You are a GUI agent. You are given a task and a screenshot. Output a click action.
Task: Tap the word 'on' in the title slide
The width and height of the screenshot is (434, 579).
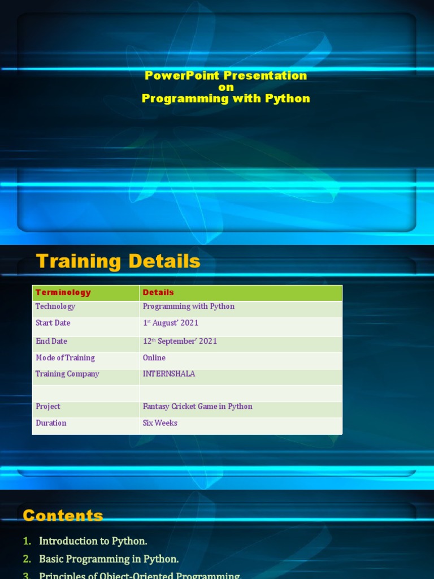[x=226, y=87]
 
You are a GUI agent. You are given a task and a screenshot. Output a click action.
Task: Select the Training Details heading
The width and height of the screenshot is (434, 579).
[x=118, y=261]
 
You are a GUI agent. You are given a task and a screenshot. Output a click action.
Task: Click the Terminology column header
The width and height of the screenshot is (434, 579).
[x=63, y=292]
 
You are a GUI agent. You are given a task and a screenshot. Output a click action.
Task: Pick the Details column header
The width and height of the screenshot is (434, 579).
[x=158, y=292]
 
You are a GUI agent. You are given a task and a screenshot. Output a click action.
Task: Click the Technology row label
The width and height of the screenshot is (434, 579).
[x=55, y=306]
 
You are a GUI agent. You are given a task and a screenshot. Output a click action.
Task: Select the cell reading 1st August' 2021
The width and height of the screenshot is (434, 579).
[x=171, y=323]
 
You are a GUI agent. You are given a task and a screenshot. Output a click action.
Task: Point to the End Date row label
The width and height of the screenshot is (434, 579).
[x=51, y=341]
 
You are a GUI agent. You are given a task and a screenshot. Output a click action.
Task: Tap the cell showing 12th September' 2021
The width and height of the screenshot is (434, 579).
[x=180, y=341]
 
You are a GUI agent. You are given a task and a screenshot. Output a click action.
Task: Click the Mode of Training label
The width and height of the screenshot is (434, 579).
[x=65, y=358]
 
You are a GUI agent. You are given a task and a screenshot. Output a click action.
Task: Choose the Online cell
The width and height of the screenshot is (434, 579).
[x=154, y=358]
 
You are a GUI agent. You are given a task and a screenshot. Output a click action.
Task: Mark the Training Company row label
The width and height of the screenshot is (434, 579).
[x=67, y=374]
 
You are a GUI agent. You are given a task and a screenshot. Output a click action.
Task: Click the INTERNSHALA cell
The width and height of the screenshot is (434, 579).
[x=169, y=374]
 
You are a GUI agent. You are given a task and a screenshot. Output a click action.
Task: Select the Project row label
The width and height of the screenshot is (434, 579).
[x=47, y=407]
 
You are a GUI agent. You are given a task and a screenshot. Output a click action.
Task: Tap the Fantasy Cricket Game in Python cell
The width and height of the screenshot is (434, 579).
[x=197, y=407]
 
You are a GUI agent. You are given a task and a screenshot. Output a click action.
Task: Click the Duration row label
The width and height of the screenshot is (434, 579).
[x=51, y=423]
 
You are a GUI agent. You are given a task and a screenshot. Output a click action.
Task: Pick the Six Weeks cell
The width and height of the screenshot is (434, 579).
[x=160, y=423]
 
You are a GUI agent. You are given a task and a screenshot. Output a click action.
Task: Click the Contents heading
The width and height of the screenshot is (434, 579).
[x=63, y=516]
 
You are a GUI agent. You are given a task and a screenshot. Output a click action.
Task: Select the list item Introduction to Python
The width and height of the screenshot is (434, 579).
[x=93, y=541]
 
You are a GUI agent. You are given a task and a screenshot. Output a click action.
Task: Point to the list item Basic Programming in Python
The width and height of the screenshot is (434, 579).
[x=108, y=559]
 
